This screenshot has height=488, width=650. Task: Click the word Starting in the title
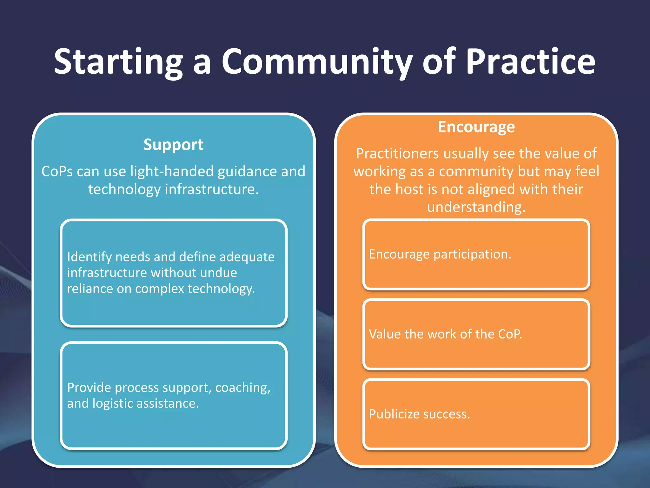pos(118,62)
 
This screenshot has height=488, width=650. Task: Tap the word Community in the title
pos(317,62)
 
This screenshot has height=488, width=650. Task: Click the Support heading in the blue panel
pos(173,145)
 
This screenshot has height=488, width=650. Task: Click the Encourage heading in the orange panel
pos(476,127)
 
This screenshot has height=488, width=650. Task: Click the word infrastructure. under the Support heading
pos(212,189)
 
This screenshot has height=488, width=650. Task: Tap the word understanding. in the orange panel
pos(476,207)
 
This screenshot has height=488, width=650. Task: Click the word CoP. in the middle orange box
pos(510,334)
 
